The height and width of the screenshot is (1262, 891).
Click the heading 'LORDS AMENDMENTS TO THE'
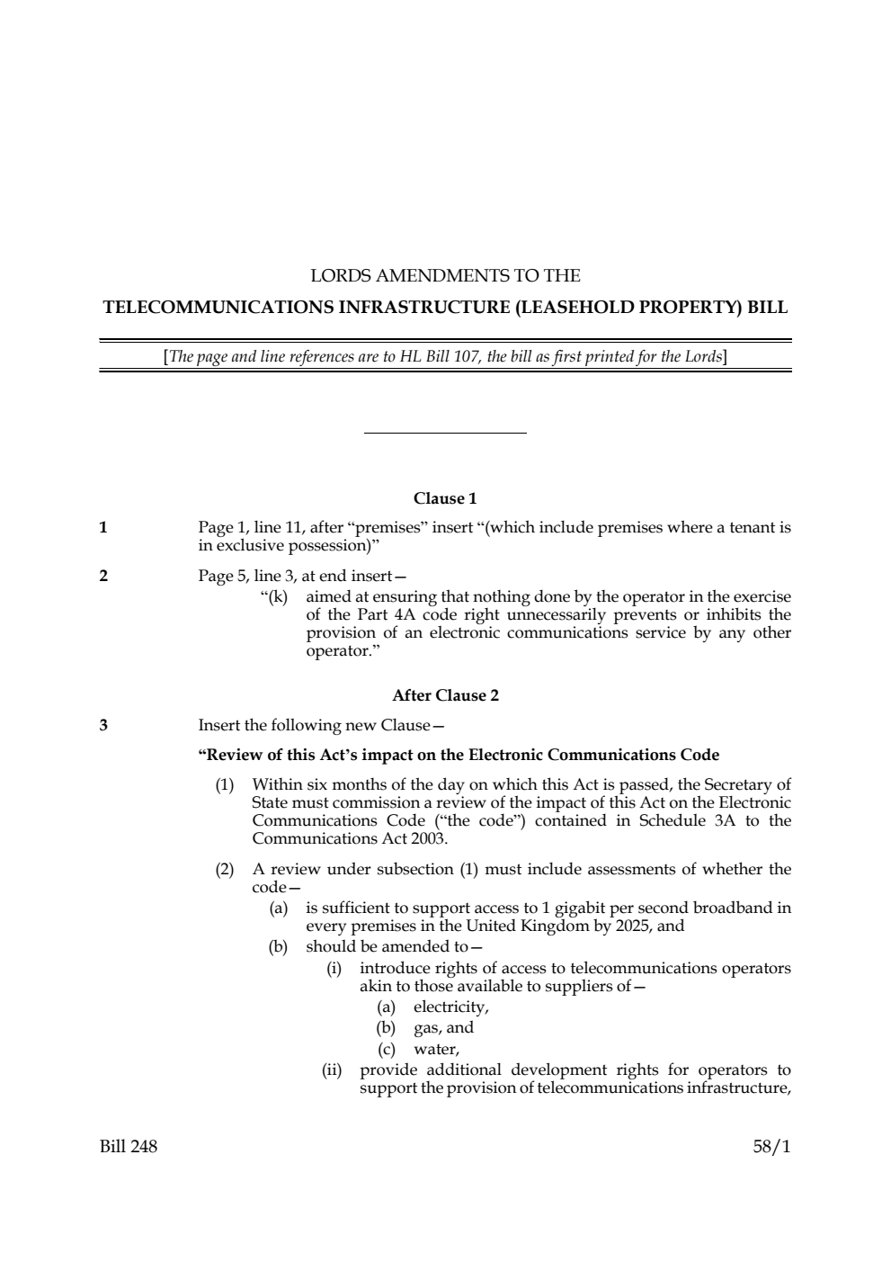(x=445, y=275)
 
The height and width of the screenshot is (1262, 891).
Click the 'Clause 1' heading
(x=445, y=498)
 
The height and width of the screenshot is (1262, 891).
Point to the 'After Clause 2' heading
(x=445, y=695)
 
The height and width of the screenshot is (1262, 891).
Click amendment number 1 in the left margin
(x=103, y=528)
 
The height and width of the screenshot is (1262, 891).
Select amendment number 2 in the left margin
(x=103, y=577)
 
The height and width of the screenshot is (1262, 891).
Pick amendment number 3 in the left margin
(x=103, y=725)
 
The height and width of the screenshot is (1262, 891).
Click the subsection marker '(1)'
(x=225, y=785)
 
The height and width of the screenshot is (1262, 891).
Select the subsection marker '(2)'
(x=225, y=869)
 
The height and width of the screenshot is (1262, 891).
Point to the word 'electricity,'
(x=451, y=1007)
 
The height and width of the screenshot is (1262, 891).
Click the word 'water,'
(x=437, y=1049)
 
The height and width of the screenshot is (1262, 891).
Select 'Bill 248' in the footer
(x=128, y=1146)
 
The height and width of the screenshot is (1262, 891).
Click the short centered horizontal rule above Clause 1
(x=445, y=434)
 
